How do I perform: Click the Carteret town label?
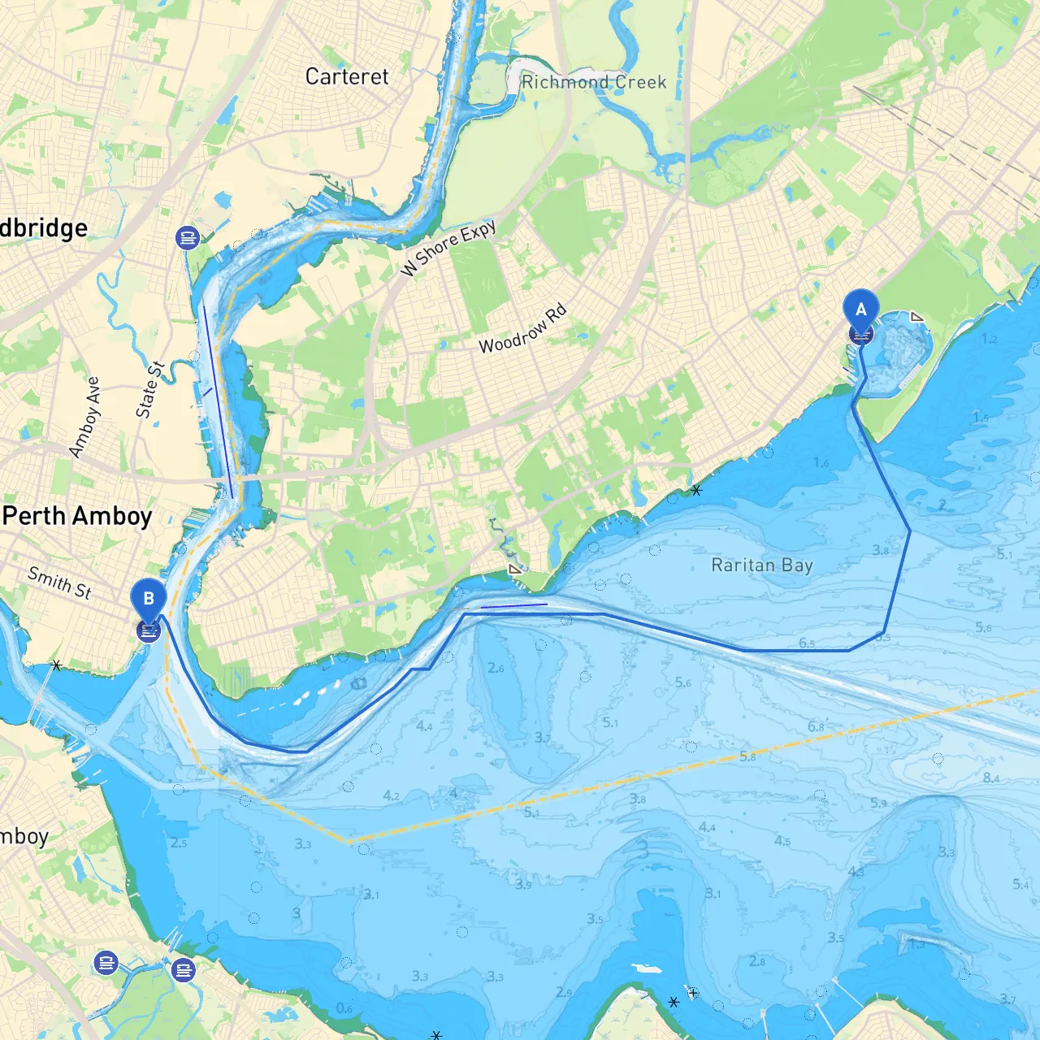(x=347, y=76)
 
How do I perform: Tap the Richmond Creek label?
(x=593, y=82)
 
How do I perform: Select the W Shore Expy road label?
(x=448, y=248)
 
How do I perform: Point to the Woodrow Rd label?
(x=522, y=329)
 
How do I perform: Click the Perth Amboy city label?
(x=77, y=516)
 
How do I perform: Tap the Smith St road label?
(x=59, y=582)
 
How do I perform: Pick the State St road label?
(x=149, y=390)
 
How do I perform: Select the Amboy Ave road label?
(x=84, y=417)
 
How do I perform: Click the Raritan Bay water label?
(x=761, y=565)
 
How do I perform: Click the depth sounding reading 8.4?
(x=991, y=778)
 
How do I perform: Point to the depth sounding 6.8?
(x=816, y=726)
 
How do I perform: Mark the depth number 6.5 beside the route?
(x=807, y=643)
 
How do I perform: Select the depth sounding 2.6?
(x=496, y=668)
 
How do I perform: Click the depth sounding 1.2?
(x=989, y=339)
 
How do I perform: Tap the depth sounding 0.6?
(x=344, y=1008)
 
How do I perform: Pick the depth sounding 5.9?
(x=878, y=803)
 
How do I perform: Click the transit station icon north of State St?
(x=188, y=238)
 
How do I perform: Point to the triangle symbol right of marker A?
(x=916, y=317)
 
